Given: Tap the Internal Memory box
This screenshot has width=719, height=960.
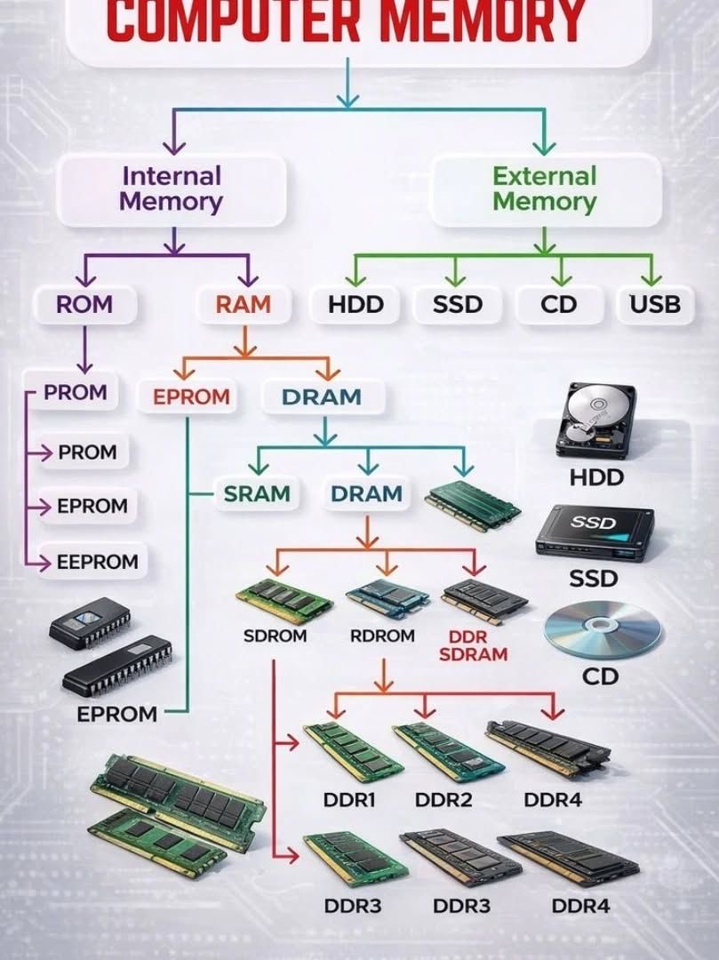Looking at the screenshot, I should (x=172, y=188).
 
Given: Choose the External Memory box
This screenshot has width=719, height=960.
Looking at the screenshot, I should (x=545, y=188).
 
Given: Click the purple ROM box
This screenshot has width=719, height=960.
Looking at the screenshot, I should (x=84, y=305).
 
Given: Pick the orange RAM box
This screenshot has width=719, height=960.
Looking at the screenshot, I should (x=243, y=305).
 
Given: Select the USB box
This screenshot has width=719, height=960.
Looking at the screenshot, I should (x=655, y=305).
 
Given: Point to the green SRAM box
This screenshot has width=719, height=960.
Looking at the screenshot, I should (x=258, y=493).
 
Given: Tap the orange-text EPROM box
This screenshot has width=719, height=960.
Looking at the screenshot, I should (x=191, y=396).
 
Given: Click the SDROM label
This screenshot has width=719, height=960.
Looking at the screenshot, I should (x=275, y=636).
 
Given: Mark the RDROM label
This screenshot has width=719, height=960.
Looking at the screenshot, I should (x=382, y=636).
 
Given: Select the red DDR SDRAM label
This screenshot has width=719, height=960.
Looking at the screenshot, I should (x=473, y=646).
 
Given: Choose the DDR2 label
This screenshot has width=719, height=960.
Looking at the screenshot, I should (x=443, y=799).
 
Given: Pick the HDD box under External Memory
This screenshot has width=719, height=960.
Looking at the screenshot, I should (x=356, y=305).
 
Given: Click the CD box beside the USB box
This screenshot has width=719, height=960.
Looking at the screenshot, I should (x=559, y=305).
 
